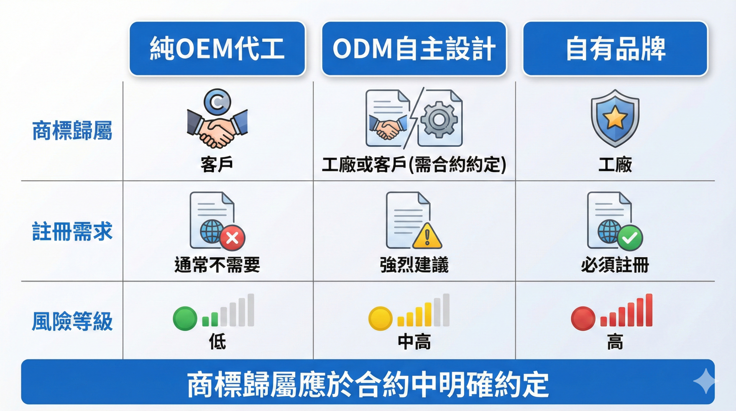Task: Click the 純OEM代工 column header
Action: tap(217, 48)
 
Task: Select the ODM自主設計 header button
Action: tap(414, 48)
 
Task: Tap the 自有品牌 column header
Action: tap(615, 48)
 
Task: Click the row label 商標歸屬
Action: tap(72, 131)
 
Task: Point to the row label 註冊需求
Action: tap(72, 231)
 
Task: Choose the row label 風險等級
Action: tap(72, 321)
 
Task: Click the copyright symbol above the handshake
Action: tap(217, 102)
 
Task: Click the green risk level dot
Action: tap(185, 318)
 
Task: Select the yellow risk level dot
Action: tap(380, 318)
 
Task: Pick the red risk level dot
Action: tap(583, 318)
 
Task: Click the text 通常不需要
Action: tap(217, 265)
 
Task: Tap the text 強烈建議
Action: tap(414, 265)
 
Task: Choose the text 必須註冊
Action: tap(615, 265)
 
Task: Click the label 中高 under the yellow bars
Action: tap(414, 342)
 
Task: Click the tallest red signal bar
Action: tap(649, 310)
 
